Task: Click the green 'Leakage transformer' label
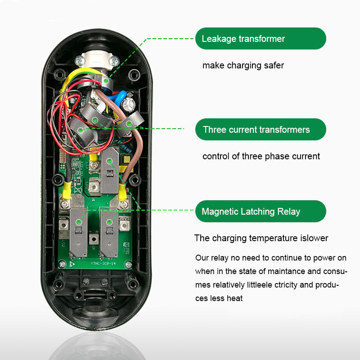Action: (260, 39)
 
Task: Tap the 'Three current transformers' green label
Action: (260, 130)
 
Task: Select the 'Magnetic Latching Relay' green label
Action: (260, 211)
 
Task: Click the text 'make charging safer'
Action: (243, 65)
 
